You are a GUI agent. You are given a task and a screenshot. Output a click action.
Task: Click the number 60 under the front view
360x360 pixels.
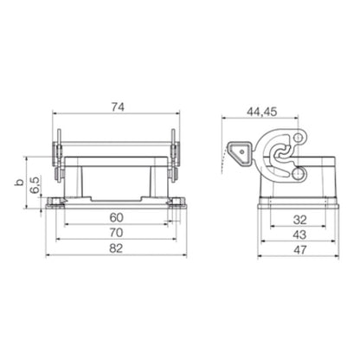point(116,216)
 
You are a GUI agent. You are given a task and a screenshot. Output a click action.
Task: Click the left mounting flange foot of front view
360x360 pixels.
point(54,204)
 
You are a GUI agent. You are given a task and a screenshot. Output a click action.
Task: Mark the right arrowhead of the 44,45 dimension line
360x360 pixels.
point(297,119)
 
